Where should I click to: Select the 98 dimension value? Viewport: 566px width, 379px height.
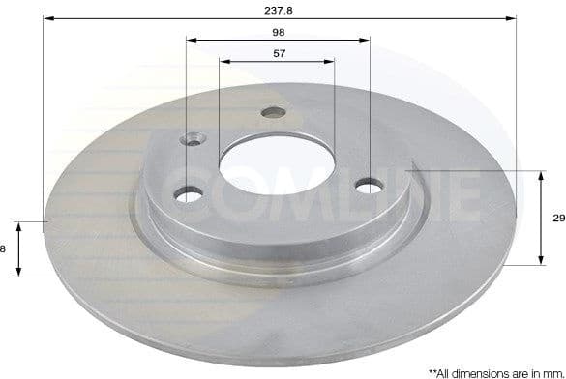click(278, 32)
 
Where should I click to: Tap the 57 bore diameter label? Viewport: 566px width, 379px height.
click(278, 54)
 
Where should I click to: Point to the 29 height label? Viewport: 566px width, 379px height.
click(557, 219)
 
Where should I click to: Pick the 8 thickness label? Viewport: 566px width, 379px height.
click(4, 248)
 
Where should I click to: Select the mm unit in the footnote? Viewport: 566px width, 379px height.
click(551, 371)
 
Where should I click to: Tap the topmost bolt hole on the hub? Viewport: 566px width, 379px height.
click(273, 113)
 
